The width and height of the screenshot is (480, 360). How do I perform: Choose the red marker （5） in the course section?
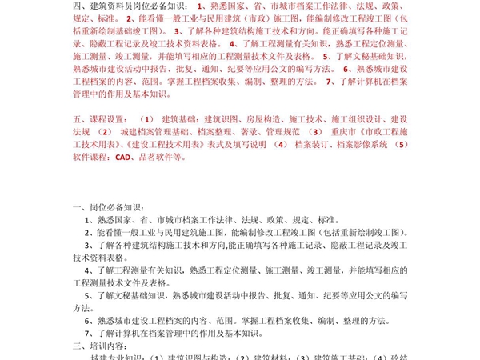click(x=402, y=145)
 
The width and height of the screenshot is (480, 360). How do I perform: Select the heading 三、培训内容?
click(x=94, y=346)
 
